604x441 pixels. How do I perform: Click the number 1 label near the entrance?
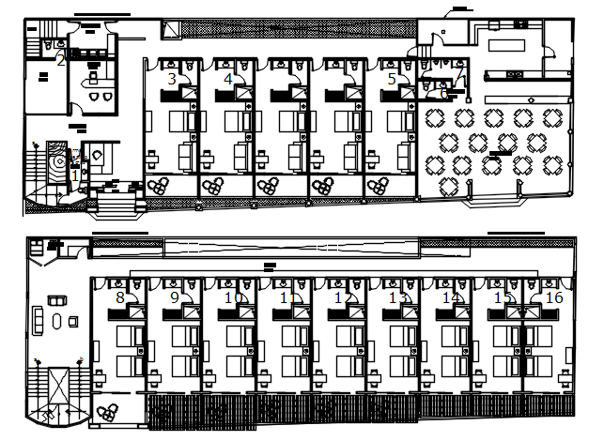click(75, 174)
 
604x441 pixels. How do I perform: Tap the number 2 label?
click(61, 61)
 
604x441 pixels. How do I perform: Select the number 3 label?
click(171, 80)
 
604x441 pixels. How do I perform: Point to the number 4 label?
click(228, 80)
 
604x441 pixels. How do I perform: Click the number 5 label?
click(392, 80)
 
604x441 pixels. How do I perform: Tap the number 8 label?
click(119, 297)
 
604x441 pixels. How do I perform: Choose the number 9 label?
click(174, 297)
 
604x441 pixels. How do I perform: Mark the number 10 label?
click(233, 297)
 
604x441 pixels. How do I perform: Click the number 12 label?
click(343, 297)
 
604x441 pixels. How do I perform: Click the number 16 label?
click(553, 297)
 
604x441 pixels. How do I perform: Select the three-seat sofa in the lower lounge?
click(39, 321)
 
